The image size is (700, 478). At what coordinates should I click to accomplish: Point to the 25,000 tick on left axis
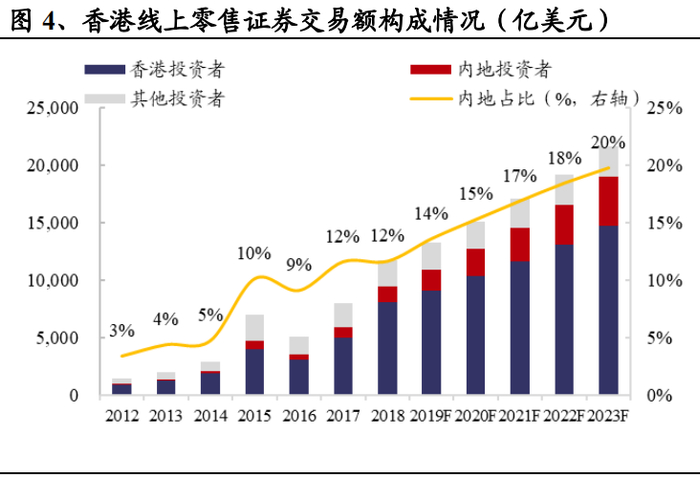(49, 107)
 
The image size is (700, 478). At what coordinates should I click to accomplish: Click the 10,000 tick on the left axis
(49, 281)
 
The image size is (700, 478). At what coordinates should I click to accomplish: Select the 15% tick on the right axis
(662, 223)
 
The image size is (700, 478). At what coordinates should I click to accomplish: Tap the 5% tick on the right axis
(658, 338)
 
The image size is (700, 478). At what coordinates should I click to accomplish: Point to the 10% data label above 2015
(253, 253)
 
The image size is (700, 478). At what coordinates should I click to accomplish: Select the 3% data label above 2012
(122, 332)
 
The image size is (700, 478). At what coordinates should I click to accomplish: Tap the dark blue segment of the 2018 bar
(387, 348)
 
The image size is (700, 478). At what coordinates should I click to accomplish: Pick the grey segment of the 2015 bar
(254, 327)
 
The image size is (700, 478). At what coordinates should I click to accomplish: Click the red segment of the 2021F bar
(519, 244)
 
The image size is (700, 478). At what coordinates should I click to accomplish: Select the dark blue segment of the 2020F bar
(475, 335)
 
